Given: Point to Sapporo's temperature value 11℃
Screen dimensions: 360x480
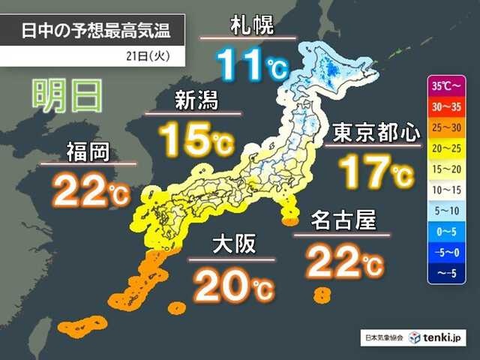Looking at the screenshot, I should (x=250, y=64).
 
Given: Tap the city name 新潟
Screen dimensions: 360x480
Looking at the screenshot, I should (x=196, y=100).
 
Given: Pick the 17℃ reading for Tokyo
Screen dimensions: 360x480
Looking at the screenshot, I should (x=375, y=170).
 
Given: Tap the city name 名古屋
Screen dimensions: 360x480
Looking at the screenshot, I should (x=342, y=222).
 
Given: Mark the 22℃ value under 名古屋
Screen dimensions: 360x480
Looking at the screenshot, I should (x=344, y=259).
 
